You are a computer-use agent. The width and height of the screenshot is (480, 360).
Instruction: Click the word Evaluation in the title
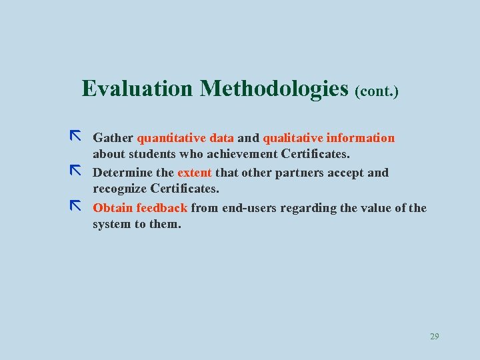tap(137, 88)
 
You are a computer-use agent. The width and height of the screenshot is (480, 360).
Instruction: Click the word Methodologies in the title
tap(274, 88)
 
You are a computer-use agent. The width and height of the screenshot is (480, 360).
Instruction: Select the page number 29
tap(434, 337)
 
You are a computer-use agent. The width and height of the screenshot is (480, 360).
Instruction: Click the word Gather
tap(113, 138)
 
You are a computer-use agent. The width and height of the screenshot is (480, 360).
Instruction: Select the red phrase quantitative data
tap(185, 138)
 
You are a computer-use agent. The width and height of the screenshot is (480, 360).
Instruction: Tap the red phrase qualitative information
tap(329, 138)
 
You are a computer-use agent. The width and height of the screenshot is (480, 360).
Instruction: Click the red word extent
tap(194, 173)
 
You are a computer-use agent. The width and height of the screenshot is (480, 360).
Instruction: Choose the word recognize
tap(120, 189)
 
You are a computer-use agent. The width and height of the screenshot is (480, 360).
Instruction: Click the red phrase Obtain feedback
tap(140, 207)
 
